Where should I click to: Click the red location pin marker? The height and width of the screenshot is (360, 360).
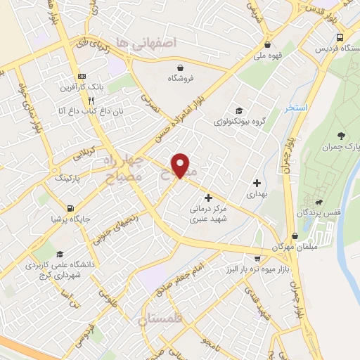pos(181,165)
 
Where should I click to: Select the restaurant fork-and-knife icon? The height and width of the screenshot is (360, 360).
pos(82,101)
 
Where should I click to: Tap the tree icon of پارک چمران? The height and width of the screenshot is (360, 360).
pos(341,136)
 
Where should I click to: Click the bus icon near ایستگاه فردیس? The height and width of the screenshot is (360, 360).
pos(340,38)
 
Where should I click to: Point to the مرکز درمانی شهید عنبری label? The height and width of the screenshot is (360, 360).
pos(208,214)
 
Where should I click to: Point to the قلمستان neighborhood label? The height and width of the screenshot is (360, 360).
pos(163,320)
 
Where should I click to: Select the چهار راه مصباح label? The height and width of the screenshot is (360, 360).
pos(127,169)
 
